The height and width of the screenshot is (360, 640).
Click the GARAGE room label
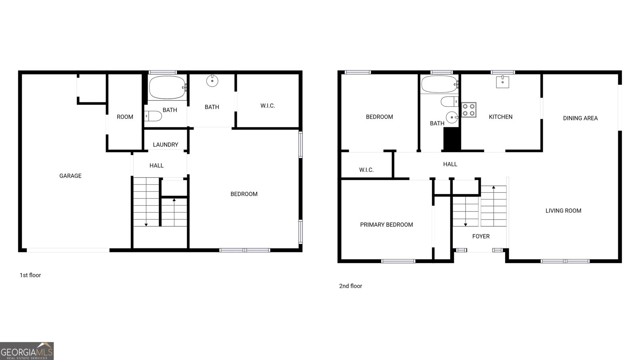pos(70,176)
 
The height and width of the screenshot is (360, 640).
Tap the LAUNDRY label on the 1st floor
pos(165,145)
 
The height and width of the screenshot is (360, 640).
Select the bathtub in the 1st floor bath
pos(167,87)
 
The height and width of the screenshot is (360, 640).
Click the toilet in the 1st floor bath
pos(154,116)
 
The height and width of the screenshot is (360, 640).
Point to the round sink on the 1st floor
pos(212,81)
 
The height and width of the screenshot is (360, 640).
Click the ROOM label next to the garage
pos(125,117)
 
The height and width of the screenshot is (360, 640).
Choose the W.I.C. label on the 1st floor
pos(268,106)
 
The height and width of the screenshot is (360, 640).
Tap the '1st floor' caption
pos(30,275)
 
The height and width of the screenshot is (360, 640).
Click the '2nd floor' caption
pos(350,286)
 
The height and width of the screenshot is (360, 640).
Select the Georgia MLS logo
pos(27,351)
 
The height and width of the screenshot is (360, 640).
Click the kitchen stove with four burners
pos(469,110)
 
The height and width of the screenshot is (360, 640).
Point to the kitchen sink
pos(502,82)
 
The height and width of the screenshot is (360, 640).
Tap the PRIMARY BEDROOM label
pos(386,225)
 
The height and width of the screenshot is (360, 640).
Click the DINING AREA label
pos(580,118)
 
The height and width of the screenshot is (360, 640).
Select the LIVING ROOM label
pos(563,211)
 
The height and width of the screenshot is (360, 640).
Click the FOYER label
pos(481,236)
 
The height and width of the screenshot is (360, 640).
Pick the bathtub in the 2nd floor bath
pos(439,84)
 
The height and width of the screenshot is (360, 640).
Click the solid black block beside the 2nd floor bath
pos(452,139)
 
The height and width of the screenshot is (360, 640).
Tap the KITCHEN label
pos(500,117)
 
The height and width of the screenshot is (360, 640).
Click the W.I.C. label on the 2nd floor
pos(366,170)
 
